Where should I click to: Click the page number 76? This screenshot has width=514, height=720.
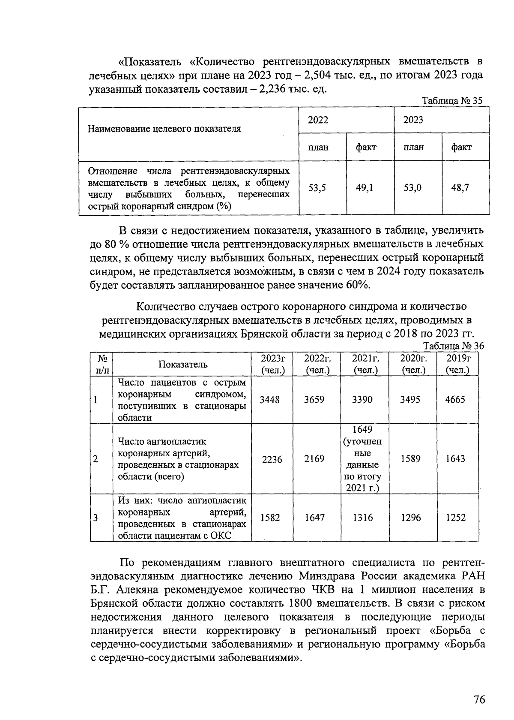[x=479, y=699]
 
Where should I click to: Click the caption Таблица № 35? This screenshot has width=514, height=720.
[x=452, y=101]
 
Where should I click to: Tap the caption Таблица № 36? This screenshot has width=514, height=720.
[x=453, y=346]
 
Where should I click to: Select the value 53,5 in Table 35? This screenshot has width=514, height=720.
[x=317, y=187]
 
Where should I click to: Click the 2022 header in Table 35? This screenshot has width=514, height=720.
[x=318, y=120]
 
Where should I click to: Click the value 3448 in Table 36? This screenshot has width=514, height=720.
[x=270, y=400]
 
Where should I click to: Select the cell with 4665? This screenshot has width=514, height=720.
[x=455, y=400]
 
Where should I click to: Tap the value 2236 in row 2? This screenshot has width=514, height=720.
[x=272, y=459]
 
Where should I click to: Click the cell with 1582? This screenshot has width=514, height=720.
[x=270, y=518]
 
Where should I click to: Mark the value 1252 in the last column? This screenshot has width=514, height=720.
[x=455, y=518]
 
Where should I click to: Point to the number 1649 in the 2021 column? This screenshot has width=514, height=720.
[x=362, y=430]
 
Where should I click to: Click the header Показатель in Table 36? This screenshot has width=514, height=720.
[x=183, y=365]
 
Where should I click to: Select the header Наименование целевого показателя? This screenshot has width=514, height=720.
[x=164, y=129]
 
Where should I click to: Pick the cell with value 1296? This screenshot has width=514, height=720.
[x=410, y=518]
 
